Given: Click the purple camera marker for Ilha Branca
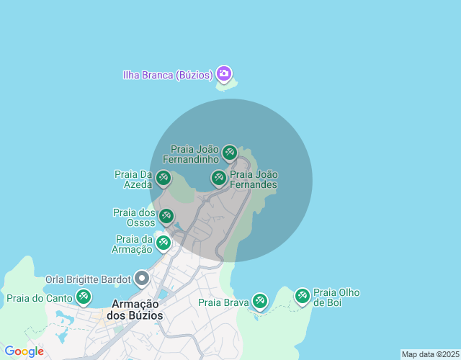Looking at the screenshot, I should [224, 73].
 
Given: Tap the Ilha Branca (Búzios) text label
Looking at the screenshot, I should [166, 74].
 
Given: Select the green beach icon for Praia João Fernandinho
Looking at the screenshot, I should [230, 152].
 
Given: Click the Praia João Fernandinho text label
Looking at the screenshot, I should [190, 153].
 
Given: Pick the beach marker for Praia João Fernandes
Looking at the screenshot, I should [219, 178].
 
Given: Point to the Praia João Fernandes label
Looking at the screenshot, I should [253, 179].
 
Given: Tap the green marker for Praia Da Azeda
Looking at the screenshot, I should [164, 178].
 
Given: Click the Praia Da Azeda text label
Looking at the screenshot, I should [133, 179].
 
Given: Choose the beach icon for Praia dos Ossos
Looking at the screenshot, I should [166, 217].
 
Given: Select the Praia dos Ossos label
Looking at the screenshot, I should [134, 217].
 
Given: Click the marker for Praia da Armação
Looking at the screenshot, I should [164, 243].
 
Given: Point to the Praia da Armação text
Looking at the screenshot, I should [133, 244].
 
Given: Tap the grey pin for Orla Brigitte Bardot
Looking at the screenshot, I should [142, 278].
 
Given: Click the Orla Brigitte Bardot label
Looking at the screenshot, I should [88, 279].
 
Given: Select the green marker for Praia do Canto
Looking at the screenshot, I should [84, 297].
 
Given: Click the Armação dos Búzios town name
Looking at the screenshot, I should [134, 310].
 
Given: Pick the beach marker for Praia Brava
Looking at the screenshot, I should [259, 301].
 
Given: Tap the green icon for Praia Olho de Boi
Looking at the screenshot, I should [303, 296].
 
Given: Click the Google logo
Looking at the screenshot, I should [24, 351].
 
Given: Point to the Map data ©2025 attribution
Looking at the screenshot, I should [430, 354].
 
